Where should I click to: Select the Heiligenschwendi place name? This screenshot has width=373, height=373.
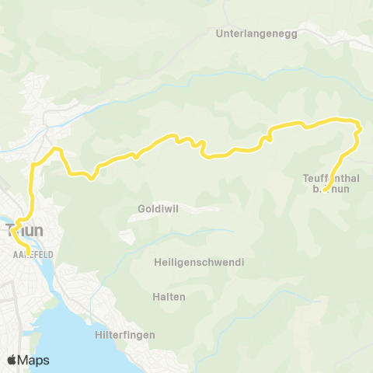(x=199, y=263)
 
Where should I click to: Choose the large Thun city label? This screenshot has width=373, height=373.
(x=24, y=230)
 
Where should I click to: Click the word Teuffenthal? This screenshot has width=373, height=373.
(x=329, y=178)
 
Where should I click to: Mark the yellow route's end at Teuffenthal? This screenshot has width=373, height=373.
(x=324, y=191)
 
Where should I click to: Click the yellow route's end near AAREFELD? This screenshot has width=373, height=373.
(x=29, y=252)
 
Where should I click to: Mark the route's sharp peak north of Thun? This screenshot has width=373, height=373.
(x=55, y=148)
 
